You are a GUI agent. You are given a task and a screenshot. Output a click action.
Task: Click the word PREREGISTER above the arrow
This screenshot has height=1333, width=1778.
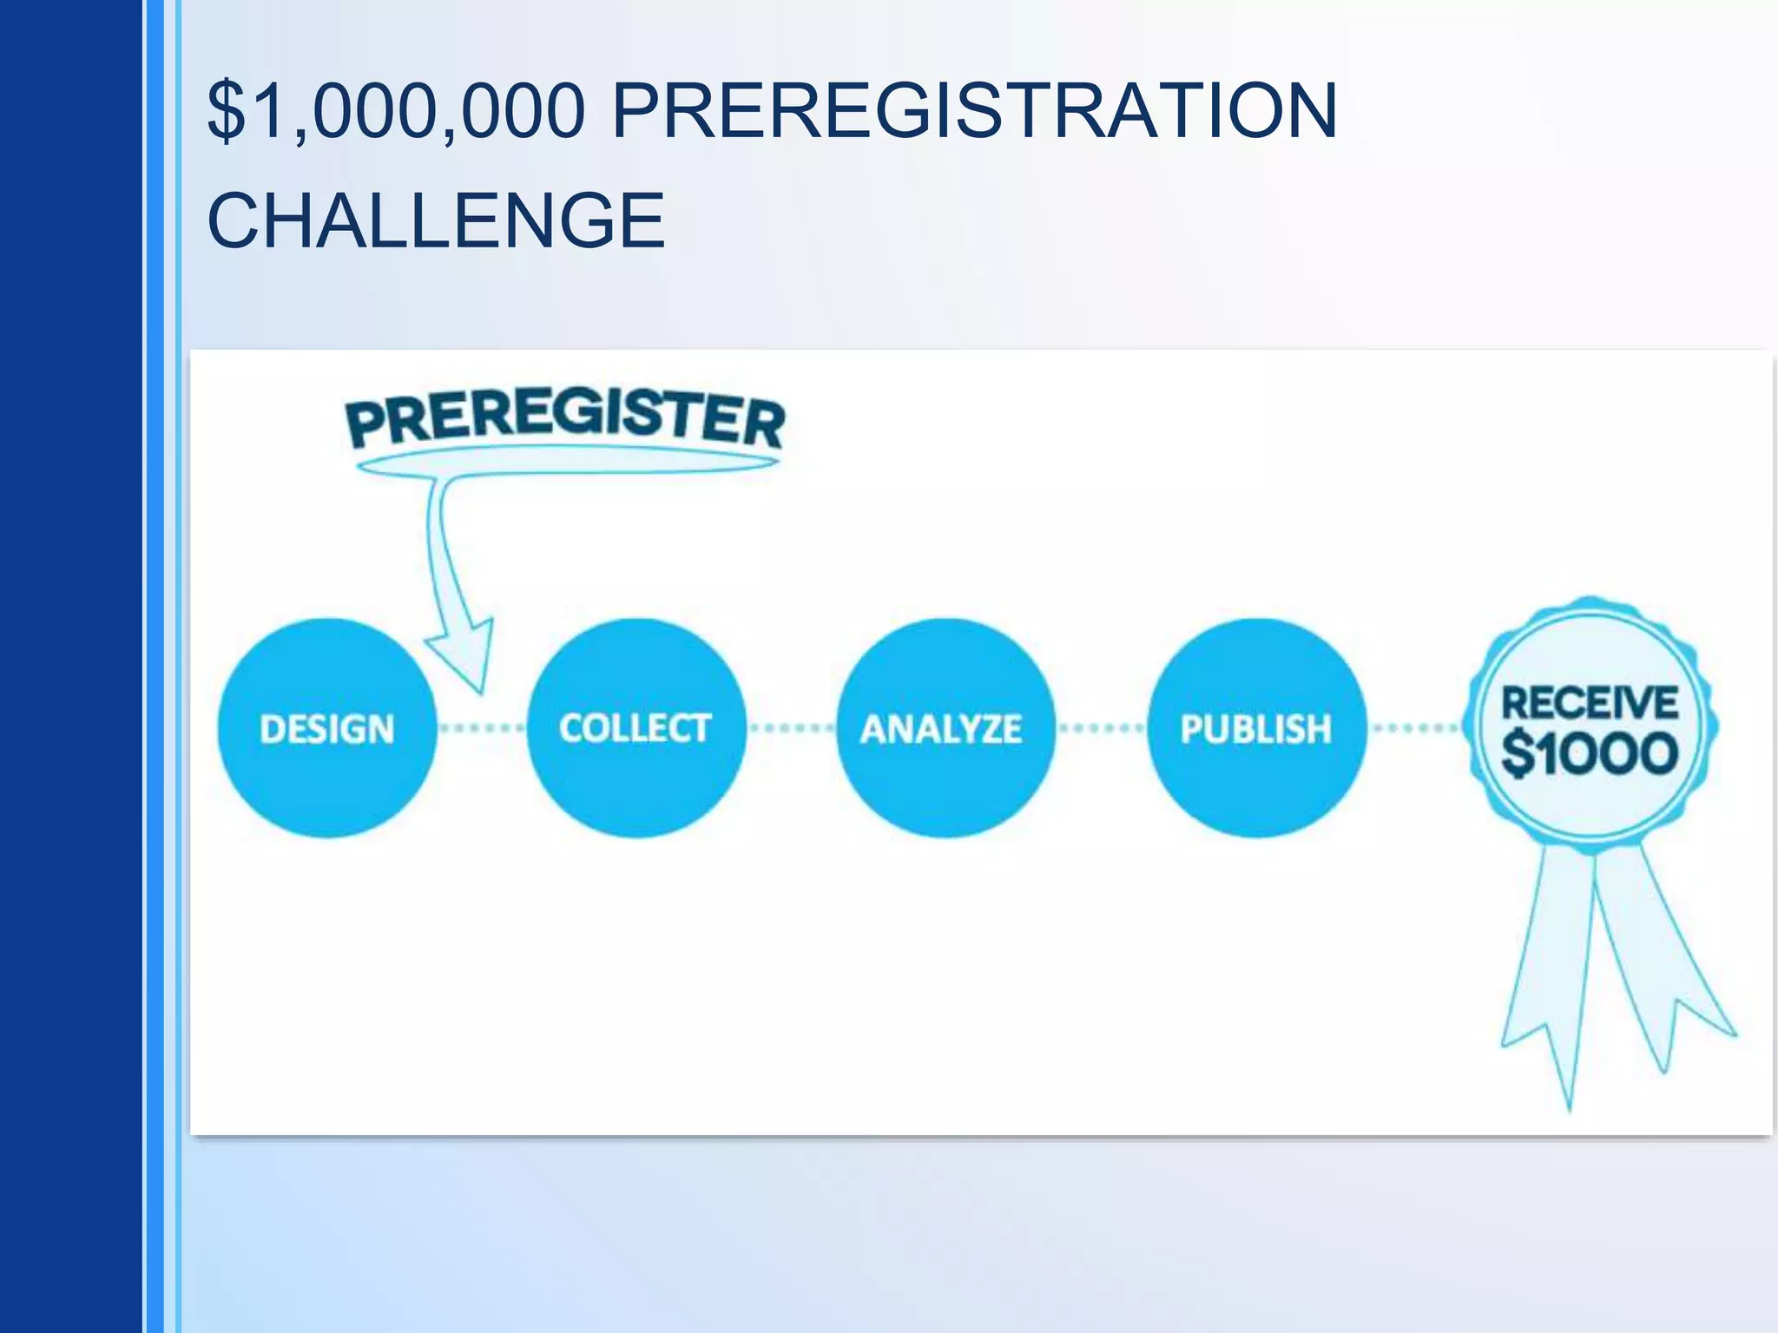coord(565,419)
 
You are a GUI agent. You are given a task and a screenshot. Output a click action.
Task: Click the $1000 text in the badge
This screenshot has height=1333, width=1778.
coord(1590,752)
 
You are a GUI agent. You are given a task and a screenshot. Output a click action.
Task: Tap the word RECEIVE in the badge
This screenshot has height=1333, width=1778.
coord(1590,702)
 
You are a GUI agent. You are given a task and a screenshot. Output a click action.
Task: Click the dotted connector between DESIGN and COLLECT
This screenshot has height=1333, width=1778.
coord(481,728)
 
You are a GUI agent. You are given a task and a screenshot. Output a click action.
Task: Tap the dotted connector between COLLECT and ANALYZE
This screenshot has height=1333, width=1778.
coord(791,728)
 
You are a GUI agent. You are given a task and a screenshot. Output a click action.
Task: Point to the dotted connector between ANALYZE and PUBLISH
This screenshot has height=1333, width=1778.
coord(1101,728)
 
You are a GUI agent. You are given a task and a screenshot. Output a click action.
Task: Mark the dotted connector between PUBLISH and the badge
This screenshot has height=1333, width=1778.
coord(1416,728)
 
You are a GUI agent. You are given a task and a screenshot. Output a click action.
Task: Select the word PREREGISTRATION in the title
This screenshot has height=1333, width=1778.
coord(974,110)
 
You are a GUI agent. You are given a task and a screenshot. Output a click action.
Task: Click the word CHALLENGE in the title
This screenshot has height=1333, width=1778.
coord(436,220)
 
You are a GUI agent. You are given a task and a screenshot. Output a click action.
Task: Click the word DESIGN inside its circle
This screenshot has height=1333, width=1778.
coord(326,729)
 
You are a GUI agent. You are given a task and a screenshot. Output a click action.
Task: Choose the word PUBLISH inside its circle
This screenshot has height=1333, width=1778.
coord(1255,729)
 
